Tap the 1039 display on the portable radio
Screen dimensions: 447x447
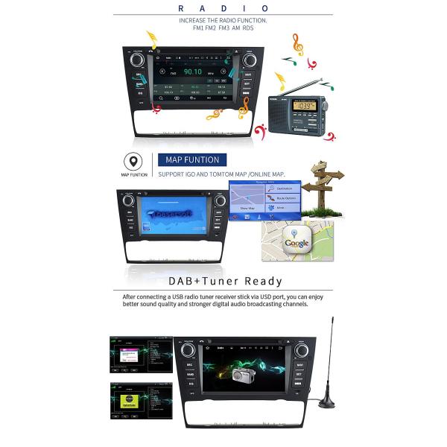click(x=303, y=107)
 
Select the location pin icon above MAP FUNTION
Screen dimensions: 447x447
click(x=133, y=162)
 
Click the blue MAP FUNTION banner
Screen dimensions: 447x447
click(x=191, y=160)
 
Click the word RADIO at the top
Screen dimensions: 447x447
click(x=223, y=8)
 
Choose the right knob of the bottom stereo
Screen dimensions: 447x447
click(x=302, y=350)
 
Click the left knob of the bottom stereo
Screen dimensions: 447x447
click(x=188, y=349)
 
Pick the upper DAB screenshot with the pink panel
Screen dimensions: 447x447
click(x=141, y=355)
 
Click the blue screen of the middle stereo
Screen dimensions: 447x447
click(x=174, y=215)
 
